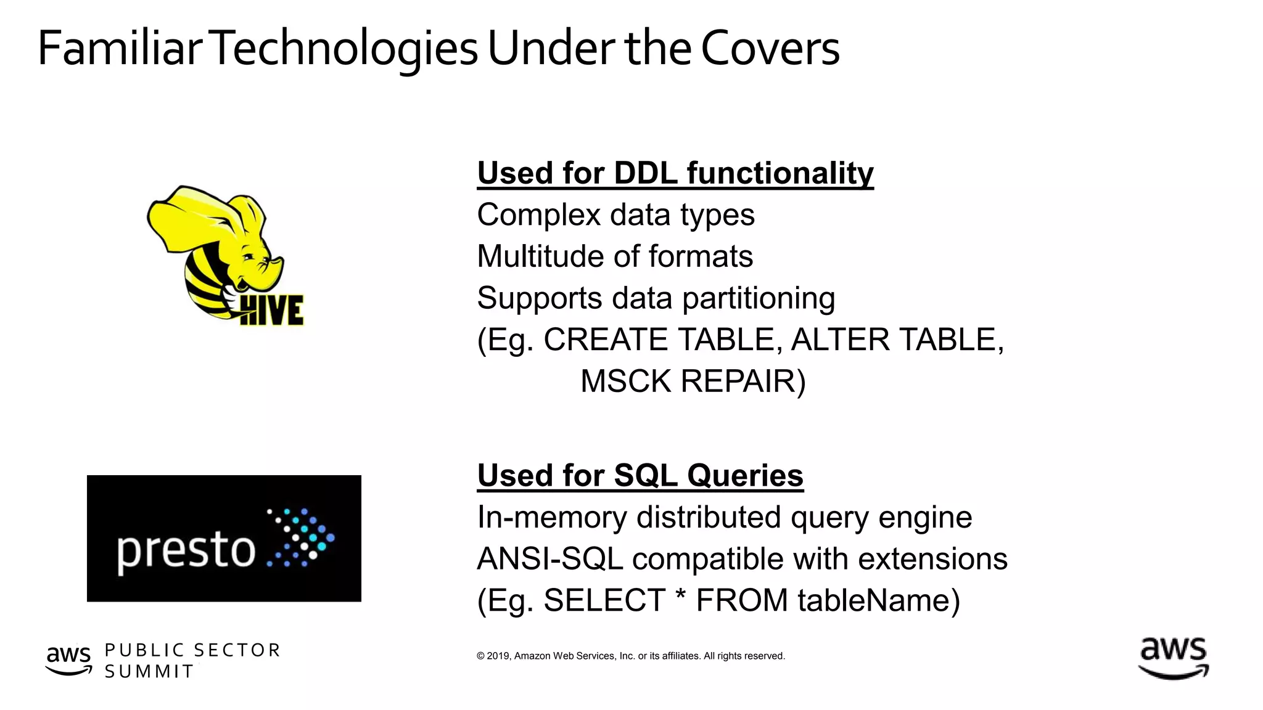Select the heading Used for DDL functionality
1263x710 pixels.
tap(675, 173)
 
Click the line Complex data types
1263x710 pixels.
tap(615, 215)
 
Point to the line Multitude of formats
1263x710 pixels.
tap(615, 256)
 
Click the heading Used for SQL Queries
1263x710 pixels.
tap(640, 475)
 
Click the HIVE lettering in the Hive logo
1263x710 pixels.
tap(272, 310)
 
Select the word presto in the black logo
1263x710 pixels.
tap(186, 550)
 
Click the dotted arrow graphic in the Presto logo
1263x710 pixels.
tap(301, 537)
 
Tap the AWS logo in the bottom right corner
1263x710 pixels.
tap(1173, 658)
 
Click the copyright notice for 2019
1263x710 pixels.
tap(630, 656)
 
